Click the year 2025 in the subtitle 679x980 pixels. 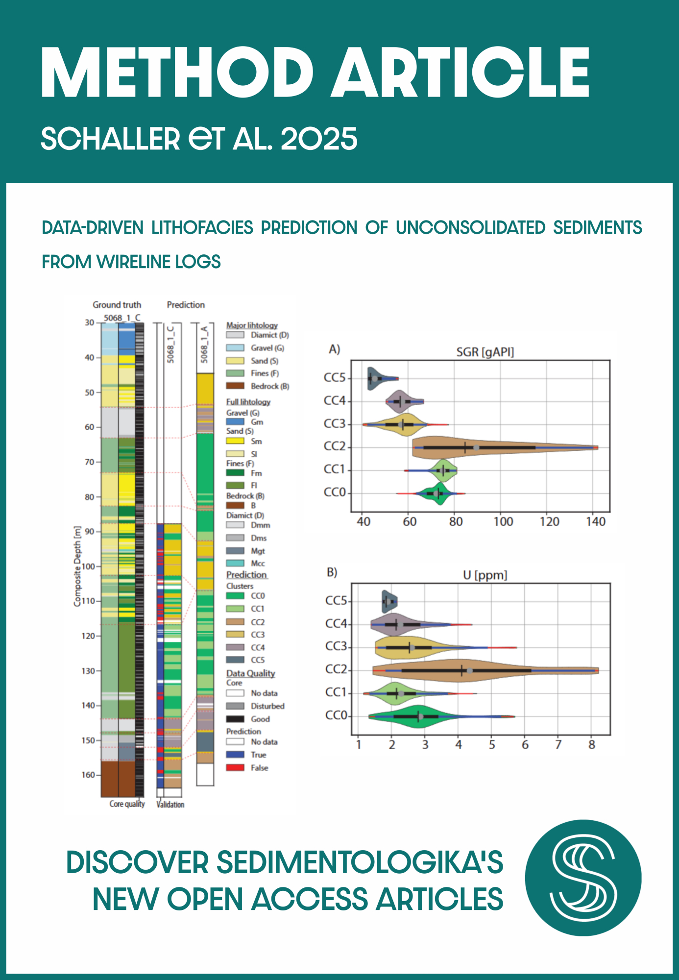coord(319,139)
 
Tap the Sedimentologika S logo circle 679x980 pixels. coord(583,878)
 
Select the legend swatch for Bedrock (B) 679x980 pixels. coord(235,386)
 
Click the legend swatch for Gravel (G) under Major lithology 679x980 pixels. coord(235,348)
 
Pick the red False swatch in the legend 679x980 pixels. coord(235,768)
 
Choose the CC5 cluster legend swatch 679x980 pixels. coord(235,660)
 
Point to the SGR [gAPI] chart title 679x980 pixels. coord(485,352)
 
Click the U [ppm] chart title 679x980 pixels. coord(485,575)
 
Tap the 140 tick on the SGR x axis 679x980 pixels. coord(596,522)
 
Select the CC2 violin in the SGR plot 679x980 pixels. coord(490,447)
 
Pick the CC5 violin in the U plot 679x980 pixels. coord(389,602)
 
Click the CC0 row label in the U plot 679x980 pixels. coord(336,716)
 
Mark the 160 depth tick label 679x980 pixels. coord(88,775)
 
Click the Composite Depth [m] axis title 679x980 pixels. coord(77,566)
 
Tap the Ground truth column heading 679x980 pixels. coord(117,305)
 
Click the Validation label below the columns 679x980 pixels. coord(170,805)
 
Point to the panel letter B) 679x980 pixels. coord(332,572)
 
